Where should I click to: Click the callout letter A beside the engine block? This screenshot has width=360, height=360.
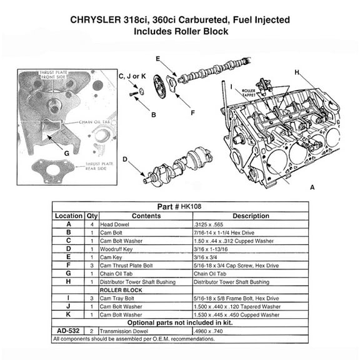pos(312,187)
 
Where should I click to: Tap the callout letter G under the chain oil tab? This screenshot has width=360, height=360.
pos(66,152)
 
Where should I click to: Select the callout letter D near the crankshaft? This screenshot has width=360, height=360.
pos(124,159)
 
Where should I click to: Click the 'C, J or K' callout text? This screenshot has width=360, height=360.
pos(132,76)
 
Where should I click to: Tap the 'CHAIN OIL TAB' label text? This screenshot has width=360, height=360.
pos(96,122)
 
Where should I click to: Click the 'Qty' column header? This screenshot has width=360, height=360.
pos(92,216)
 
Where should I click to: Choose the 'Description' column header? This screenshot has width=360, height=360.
pos(250,216)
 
